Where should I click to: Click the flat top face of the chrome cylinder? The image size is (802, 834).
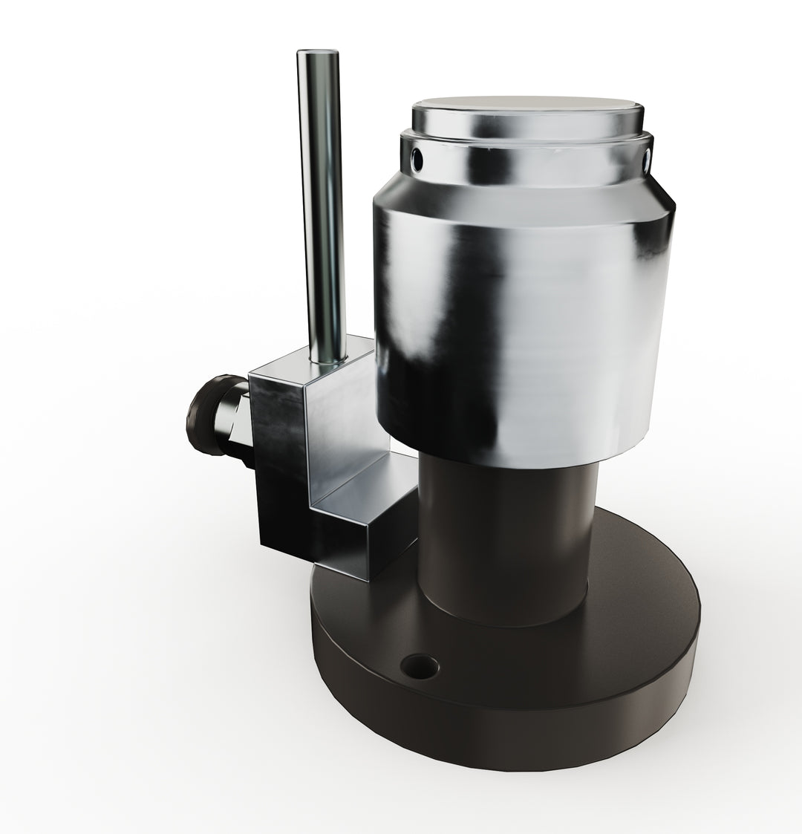pos(527,111)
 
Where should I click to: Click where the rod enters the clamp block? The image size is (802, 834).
pos(327,361)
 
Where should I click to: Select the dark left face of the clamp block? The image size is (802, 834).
pos(278,475)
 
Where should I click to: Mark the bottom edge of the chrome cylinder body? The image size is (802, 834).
pos(520,464)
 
